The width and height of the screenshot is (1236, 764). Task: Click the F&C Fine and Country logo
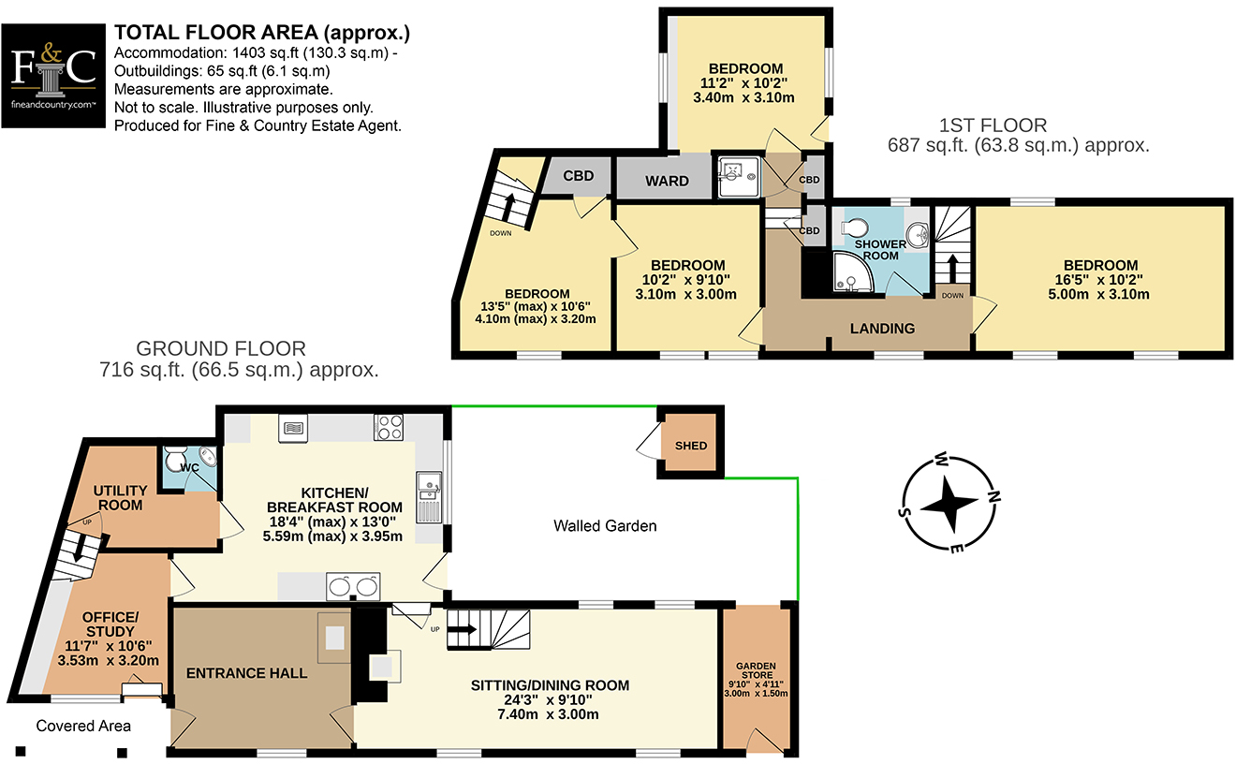tap(53, 76)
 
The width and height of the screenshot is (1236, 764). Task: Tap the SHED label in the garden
tap(691, 446)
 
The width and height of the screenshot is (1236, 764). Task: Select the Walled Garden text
tap(605, 525)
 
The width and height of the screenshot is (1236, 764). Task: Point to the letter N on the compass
tap(993, 496)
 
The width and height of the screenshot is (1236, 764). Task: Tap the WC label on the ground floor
tap(190, 468)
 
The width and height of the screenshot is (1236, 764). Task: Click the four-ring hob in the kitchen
tap(389, 427)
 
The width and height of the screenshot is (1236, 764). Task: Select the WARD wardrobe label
tap(667, 181)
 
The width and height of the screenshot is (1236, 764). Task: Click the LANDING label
tap(882, 329)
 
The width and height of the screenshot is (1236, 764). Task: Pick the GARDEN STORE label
tap(756, 670)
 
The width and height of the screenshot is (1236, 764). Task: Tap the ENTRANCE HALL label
tap(246, 673)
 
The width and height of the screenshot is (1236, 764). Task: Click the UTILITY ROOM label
tap(120, 497)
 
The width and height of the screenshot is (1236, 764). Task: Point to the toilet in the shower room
tap(854, 228)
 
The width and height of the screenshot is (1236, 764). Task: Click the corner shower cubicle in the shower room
tap(851, 272)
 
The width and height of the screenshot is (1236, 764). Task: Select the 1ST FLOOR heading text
tap(993, 125)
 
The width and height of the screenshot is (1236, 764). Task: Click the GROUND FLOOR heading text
tap(221, 348)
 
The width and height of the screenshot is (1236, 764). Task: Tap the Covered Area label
tap(83, 726)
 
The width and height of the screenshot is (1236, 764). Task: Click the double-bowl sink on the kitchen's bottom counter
tap(353, 586)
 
